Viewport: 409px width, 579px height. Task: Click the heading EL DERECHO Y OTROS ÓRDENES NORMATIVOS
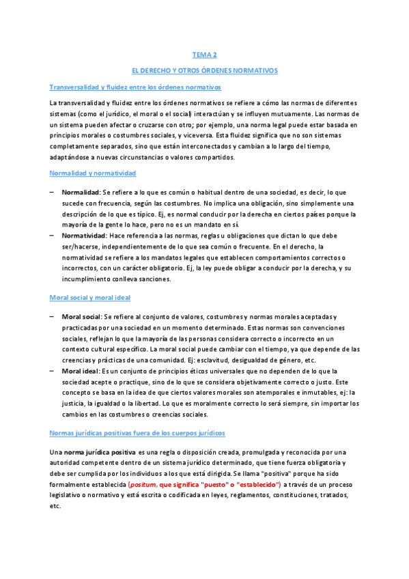[x=204, y=70]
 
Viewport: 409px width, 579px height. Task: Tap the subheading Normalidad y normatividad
[x=93, y=173]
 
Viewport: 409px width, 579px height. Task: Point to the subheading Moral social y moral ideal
[x=91, y=298]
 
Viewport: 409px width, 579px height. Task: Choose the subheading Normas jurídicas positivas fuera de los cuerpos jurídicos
[x=137, y=433]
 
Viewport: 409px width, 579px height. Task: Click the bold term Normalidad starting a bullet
[x=81, y=193]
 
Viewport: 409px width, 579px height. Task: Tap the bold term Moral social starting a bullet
[x=81, y=317]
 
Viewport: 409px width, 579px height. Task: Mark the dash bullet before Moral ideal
[x=52, y=369]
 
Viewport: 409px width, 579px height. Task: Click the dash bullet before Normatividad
[x=52, y=235]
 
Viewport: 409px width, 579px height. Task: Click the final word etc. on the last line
[x=55, y=507]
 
